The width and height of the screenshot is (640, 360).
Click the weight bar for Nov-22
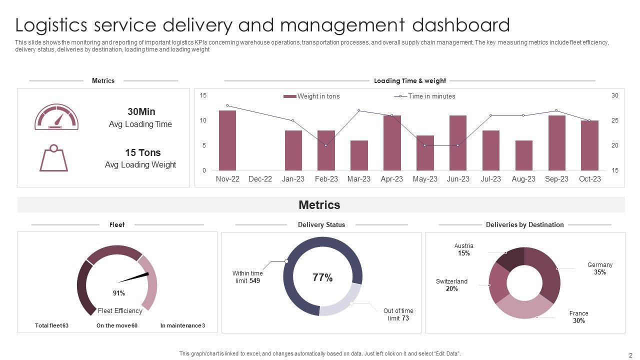click(227, 140)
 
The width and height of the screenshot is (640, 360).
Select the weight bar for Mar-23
click(359, 155)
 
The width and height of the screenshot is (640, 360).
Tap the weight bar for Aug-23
click(523, 155)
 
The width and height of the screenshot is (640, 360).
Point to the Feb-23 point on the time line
click(326, 145)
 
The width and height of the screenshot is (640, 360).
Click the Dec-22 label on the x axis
click(260, 179)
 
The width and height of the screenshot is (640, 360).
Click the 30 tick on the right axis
click(615, 95)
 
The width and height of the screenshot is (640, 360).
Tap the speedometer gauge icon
click(56, 117)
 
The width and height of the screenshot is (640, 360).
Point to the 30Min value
click(141, 111)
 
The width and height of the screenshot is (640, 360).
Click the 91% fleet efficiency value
click(119, 293)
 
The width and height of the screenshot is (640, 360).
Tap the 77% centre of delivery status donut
click(322, 278)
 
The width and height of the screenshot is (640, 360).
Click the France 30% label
click(578, 317)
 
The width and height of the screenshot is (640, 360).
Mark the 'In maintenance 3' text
click(182, 325)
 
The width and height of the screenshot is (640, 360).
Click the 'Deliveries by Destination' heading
click(524, 224)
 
